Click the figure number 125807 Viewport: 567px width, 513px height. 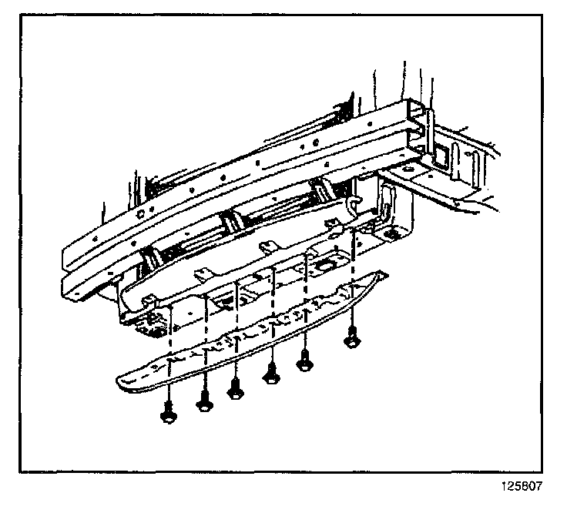click(523, 488)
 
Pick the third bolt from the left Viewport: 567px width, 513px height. click(234, 388)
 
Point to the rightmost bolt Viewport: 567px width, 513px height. click(352, 337)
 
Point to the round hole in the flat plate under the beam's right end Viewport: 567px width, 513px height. click(393, 232)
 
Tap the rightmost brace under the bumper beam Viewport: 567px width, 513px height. click(320, 189)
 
